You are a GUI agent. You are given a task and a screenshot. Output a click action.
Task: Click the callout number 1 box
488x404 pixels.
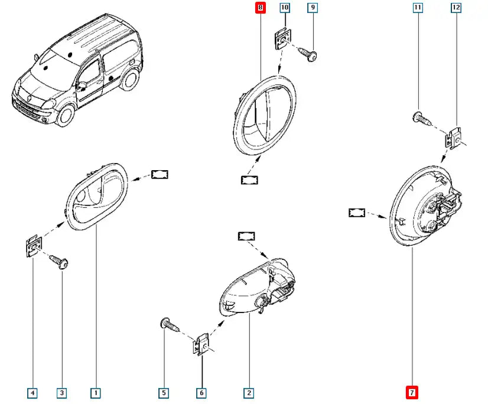pyautogui.click(x=95, y=392)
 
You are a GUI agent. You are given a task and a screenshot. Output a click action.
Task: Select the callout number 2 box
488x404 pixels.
pyautogui.click(x=249, y=392)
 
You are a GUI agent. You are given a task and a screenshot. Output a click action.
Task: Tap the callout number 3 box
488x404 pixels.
pyautogui.click(x=61, y=392)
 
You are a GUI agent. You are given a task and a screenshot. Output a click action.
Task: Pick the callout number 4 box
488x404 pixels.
pyautogui.click(x=33, y=392)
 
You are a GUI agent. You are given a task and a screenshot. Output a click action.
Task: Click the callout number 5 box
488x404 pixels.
pyautogui.click(x=164, y=392)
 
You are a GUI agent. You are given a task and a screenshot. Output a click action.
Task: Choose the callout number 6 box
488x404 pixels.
pyautogui.click(x=202, y=392)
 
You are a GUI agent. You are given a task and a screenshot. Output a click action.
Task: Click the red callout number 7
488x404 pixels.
pyautogui.click(x=412, y=392)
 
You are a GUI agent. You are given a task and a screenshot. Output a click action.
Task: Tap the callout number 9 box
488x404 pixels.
pyautogui.click(x=313, y=8)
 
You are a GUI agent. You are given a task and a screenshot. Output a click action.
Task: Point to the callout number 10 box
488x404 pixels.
pyautogui.click(x=284, y=8)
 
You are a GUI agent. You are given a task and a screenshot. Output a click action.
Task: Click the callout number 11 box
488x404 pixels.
pyautogui.click(x=418, y=8)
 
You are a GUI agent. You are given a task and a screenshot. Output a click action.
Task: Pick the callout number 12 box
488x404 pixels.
pyautogui.click(x=456, y=8)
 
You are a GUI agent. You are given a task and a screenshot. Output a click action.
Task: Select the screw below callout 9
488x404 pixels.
pyautogui.click(x=310, y=54)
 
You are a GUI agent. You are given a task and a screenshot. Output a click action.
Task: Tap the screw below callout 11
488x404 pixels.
pyautogui.click(x=420, y=118)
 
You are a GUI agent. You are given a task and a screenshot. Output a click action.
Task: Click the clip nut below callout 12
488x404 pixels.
pyautogui.click(x=453, y=139)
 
